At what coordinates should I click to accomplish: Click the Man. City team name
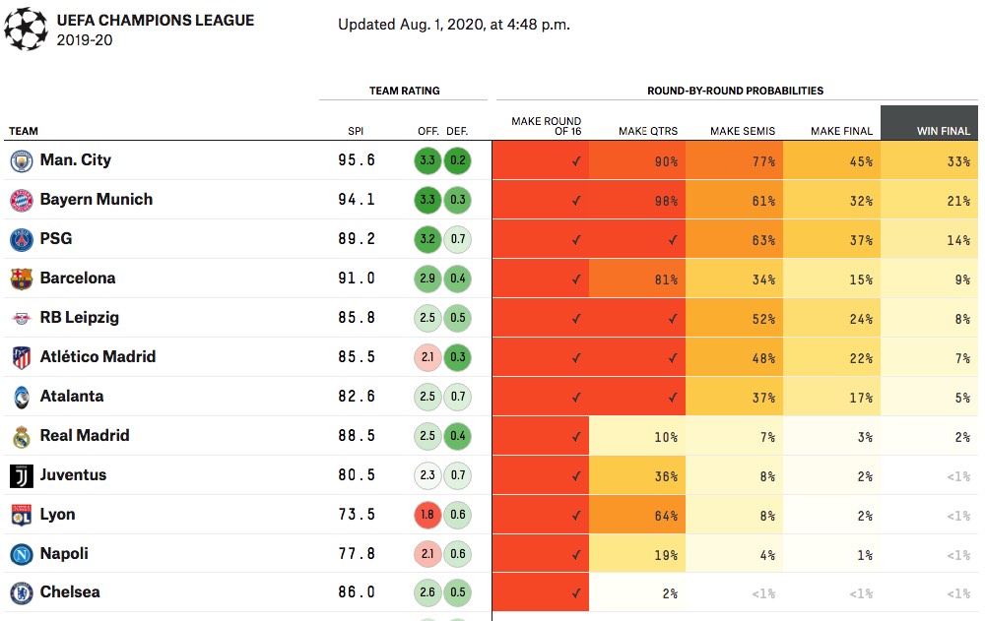coord(75,160)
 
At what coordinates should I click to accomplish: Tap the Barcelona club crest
coord(22,279)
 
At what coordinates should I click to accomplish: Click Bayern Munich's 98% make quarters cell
coord(637,200)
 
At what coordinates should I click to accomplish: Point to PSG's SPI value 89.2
coord(356,239)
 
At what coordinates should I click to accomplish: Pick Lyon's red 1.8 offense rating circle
coord(428,515)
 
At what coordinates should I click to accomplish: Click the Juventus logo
coord(22,476)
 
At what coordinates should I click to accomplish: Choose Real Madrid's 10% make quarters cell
coord(637,436)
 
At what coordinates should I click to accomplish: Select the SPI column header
coord(356,131)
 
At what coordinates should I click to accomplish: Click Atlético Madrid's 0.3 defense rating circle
coord(457,357)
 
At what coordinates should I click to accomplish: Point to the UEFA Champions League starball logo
coord(25,29)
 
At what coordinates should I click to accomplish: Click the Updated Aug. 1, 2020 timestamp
coord(454,25)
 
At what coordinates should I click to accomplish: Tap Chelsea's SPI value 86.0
coord(356,593)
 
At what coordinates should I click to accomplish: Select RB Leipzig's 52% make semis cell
coord(734,318)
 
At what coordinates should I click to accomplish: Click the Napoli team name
coord(64,554)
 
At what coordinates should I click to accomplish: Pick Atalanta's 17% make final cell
coord(831,397)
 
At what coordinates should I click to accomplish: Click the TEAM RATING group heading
coord(404,91)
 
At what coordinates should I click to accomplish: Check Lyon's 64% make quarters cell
coord(637,515)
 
